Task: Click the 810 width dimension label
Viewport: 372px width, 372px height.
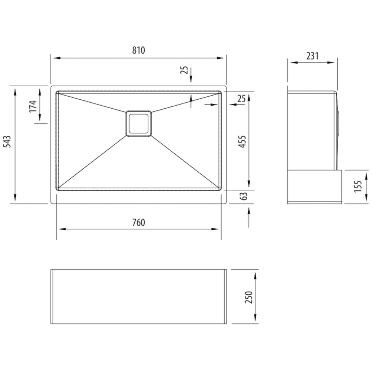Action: [x=138, y=50]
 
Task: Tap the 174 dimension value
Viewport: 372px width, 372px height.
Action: [x=33, y=106]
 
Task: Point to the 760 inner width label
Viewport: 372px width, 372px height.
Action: [x=138, y=222]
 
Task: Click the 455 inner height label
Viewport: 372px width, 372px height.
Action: [x=243, y=142]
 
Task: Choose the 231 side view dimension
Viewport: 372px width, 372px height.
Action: [x=312, y=56]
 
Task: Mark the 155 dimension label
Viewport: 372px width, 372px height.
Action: [x=358, y=186]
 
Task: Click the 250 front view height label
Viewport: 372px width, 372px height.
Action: [x=249, y=297]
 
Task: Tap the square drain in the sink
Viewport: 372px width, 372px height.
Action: [x=138, y=124]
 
